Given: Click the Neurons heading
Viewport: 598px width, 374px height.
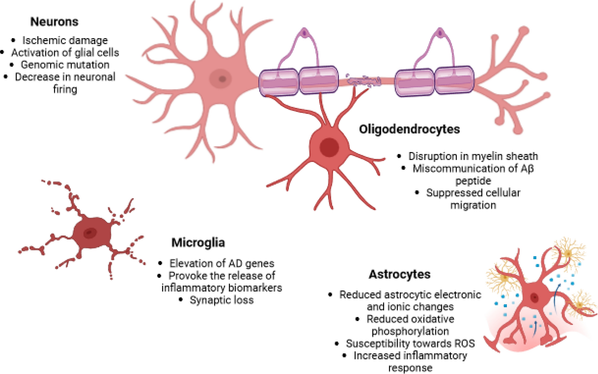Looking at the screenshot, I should [x=54, y=22].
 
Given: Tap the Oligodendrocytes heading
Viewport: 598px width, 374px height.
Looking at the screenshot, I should [x=409, y=129].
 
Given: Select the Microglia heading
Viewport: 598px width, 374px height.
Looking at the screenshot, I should [x=198, y=242].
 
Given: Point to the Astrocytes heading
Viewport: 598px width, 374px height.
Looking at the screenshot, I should [x=399, y=274].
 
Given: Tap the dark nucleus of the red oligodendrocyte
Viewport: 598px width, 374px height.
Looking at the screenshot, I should [x=329, y=147].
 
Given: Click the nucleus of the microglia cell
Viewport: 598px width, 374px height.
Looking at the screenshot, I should [x=90, y=233].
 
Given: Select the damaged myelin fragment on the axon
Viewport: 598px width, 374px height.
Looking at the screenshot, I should [x=363, y=81].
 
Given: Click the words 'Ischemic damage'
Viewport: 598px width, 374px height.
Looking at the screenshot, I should [x=65, y=40].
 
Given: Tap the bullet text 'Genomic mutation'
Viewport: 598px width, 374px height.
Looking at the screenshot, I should [x=65, y=64].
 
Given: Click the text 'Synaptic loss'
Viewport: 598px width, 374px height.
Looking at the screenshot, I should [x=221, y=300].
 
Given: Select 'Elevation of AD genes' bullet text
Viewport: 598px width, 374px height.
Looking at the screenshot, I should [x=222, y=263].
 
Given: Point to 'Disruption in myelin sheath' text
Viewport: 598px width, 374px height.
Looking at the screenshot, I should [x=473, y=156].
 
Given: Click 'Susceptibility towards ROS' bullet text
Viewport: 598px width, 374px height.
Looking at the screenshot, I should [x=410, y=343].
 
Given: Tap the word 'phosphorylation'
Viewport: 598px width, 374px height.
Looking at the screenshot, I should [x=410, y=331].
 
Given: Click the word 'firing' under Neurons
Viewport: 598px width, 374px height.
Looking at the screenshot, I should [x=65, y=89].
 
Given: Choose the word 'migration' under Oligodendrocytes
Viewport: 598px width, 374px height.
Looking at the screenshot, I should [x=473, y=205].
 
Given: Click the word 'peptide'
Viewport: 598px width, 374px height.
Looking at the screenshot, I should [x=473, y=181].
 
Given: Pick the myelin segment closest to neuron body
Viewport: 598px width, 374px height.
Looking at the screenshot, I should [x=279, y=82].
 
